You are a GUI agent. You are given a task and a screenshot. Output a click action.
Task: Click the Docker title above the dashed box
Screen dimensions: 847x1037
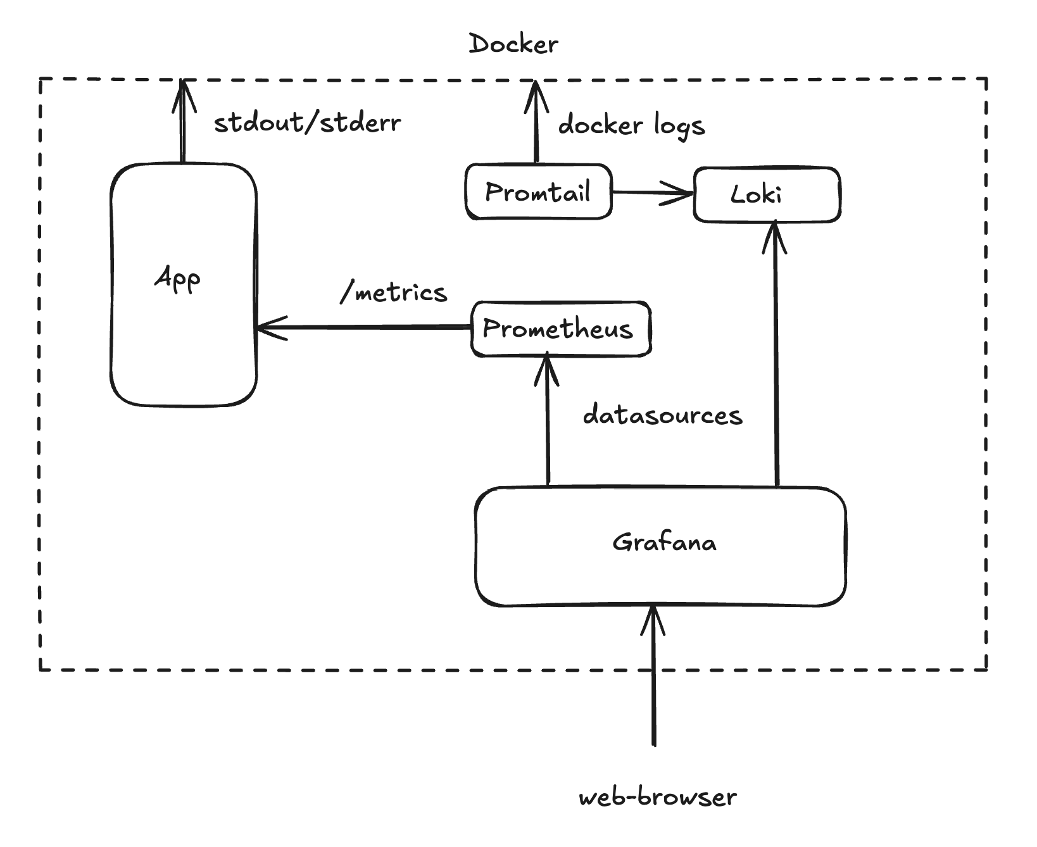(513, 44)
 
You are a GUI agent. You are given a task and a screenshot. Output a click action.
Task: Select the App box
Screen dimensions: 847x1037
(183, 285)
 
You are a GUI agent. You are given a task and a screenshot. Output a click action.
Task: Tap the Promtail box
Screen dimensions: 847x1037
(538, 192)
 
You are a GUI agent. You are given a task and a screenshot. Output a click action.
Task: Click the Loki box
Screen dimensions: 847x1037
(767, 194)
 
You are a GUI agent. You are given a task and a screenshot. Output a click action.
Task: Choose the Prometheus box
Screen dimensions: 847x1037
(560, 329)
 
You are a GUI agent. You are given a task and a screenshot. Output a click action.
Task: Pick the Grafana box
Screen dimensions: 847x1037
(660, 546)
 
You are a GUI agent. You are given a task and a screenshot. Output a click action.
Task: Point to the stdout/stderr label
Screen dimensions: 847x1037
(307, 123)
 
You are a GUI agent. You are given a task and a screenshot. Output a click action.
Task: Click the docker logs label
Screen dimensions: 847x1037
(631, 125)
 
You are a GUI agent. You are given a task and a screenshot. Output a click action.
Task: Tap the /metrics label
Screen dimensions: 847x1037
(394, 292)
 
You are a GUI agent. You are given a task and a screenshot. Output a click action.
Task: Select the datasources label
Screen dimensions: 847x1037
(662, 415)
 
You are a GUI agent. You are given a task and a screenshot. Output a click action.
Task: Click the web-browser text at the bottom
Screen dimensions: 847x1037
(658, 797)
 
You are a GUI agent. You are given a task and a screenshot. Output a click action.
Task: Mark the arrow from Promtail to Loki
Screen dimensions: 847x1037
(652, 192)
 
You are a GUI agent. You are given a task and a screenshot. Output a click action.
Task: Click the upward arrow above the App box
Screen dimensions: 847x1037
(183, 120)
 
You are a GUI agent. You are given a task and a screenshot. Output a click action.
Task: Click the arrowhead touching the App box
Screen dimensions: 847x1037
(269, 327)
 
